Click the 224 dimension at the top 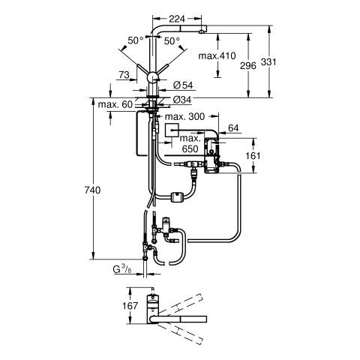[x=177, y=19]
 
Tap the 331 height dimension [x=268, y=61]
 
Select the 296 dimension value [x=248, y=66]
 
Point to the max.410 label [x=217, y=55]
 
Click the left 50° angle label [x=136, y=40]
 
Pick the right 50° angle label [x=172, y=40]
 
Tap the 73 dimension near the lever [x=124, y=75]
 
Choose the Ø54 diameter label [x=183, y=85]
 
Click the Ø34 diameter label [x=182, y=100]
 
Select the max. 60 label [x=115, y=104]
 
